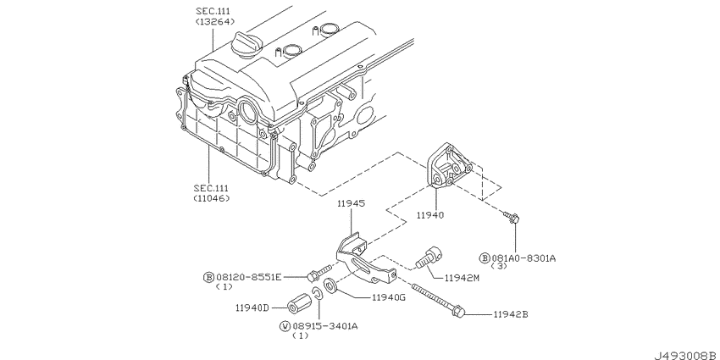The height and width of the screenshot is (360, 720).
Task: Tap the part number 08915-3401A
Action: coord(325,325)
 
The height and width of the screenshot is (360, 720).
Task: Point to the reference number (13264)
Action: coord(212,22)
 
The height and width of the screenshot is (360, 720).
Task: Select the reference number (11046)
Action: coord(212,198)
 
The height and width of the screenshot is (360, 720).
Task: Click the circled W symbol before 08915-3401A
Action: coord(285,325)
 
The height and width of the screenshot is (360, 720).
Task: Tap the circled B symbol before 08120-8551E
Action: coord(208,276)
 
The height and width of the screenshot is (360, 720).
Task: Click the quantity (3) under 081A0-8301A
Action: coord(500,268)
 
